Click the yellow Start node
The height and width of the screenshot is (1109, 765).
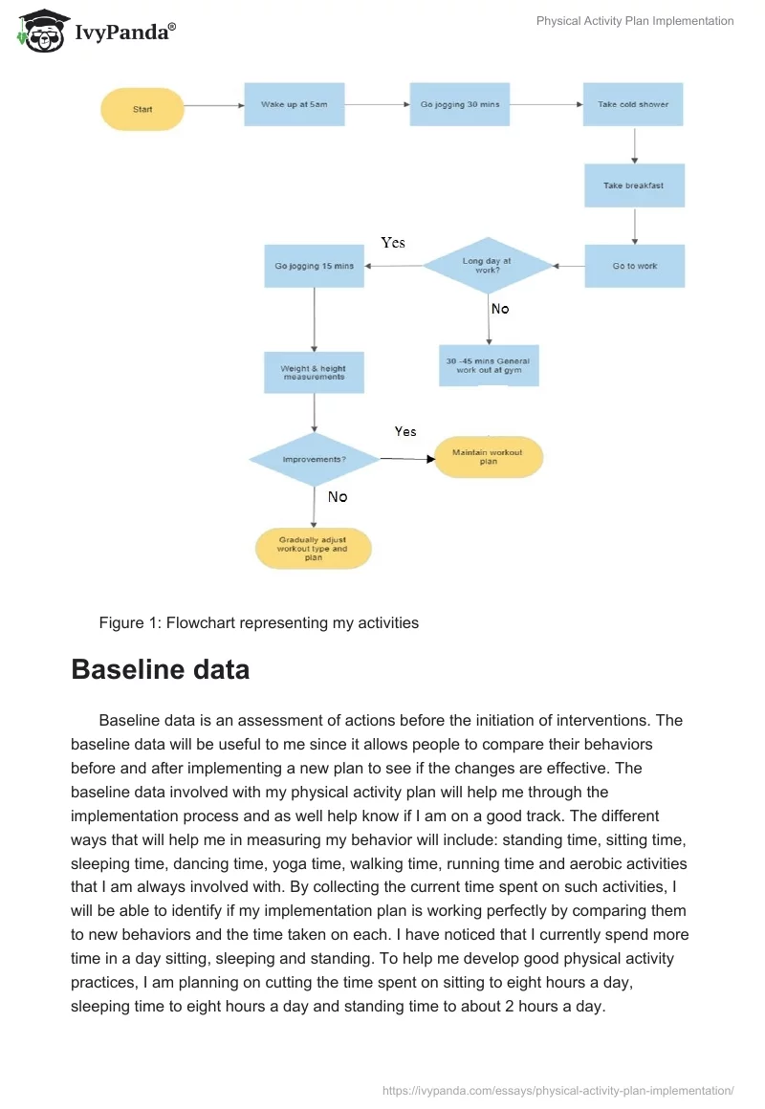pyautogui.click(x=142, y=109)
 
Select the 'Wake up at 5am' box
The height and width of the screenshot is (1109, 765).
pyautogui.click(x=294, y=104)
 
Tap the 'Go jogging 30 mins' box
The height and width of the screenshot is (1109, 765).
pyautogui.click(x=459, y=104)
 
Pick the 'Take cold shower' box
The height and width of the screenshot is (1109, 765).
pyautogui.click(x=633, y=104)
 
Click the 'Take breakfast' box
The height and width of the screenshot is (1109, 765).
pyautogui.click(x=633, y=185)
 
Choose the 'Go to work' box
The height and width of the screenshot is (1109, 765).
pyautogui.click(x=634, y=266)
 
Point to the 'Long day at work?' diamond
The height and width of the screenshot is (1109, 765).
pyautogui.click(x=488, y=265)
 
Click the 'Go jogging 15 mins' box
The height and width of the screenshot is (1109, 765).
pyautogui.click(x=314, y=266)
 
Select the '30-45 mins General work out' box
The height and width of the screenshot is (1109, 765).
pyautogui.click(x=489, y=365)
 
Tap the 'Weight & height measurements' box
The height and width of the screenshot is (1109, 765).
pyautogui.click(x=314, y=373)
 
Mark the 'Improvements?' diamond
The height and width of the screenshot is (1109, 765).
pyautogui.click(x=314, y=459)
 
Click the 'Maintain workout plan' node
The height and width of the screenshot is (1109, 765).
pyautogui.click(x=488, y=456)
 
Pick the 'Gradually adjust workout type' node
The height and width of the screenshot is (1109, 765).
pyautogui.click(x=313, y=549)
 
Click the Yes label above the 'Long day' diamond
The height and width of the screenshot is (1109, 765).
pyautogui.click(x=393, y=243)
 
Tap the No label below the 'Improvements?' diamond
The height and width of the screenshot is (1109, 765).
pyautogui.click(x=338, y=497)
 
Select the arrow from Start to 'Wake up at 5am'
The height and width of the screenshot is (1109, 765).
pyautogui.click(x=213, y=105)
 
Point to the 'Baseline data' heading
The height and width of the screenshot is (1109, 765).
pyautogui.click(x=160, y=669)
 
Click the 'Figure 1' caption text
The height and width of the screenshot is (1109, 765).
pyautogui.click(x=258, y=622)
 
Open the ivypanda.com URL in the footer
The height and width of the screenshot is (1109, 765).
pyautogui.click(x=557, y=1089)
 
